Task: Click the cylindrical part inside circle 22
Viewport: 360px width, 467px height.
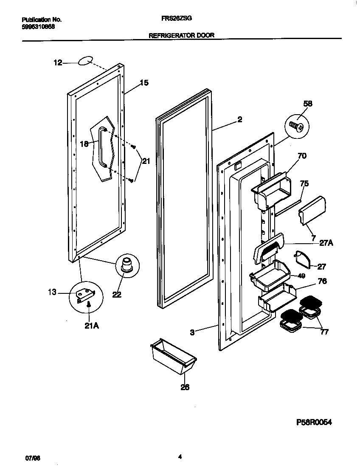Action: (x=126, y=264)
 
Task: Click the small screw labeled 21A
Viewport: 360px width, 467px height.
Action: (x=89, y=304)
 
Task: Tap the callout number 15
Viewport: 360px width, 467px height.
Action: (x=144, y=83)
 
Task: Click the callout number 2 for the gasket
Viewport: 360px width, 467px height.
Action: (x=240, y=120)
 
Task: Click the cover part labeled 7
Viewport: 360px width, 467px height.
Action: (x=312, y=210)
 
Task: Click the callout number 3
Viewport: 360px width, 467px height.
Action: (x=192, y=332)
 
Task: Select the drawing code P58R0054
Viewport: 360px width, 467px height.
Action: (x=313, y=422)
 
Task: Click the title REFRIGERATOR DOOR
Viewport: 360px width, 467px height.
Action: (x=181, y=36)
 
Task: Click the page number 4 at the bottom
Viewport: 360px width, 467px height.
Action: (x=180, y=457)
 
